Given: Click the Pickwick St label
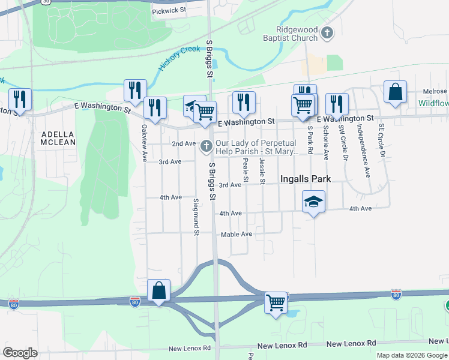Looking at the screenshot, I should pos(169,10).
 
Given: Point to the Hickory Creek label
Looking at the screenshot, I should pos(178,59).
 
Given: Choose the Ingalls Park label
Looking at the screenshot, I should pos(306,179).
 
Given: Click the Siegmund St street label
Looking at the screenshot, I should pos(196,213).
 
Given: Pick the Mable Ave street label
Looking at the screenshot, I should pos(237,234).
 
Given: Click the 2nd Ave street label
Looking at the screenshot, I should pos(184,144).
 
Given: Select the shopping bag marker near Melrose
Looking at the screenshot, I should pos(396,92).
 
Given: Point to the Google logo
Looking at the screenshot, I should pos(20,353).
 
